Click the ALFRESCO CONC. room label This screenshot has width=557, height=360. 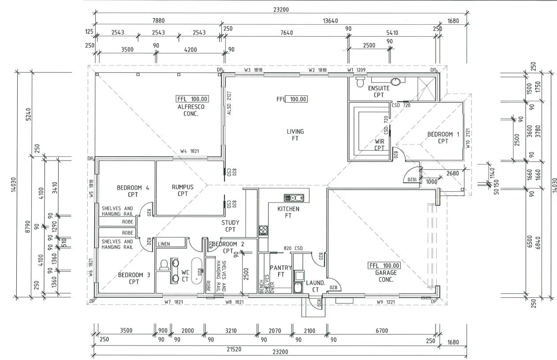[191, 110]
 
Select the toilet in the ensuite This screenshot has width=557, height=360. [360, 82]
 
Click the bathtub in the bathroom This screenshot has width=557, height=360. [197, 270]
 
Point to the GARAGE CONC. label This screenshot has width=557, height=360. [385, 276]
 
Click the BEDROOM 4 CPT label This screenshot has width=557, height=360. [133, 191]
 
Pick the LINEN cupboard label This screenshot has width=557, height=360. [164, 244]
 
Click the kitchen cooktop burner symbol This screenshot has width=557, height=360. [263, 229]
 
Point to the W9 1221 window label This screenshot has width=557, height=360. [385, 302]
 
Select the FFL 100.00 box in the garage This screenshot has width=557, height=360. [385, 266]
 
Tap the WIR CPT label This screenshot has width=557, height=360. [379, 144]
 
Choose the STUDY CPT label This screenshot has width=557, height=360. [230, 226]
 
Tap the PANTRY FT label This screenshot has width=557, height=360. [280, 271]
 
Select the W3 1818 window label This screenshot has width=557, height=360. [254, 70]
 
